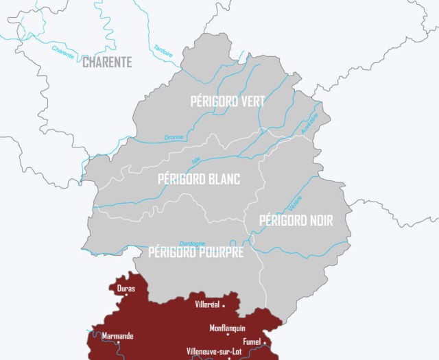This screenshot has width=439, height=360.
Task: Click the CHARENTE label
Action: tap(106, 62)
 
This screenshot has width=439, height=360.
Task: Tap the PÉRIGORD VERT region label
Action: tap(227, 101)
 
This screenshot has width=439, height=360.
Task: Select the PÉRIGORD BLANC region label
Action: tap(199, 179)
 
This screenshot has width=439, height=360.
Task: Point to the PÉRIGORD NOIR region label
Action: tap(296, 221)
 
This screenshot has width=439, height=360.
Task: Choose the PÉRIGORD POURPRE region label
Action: tap(196, 253)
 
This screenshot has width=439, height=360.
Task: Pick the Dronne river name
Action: tap(174, 137)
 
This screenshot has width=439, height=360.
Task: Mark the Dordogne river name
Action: tap(192, 243)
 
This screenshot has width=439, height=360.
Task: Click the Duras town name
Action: tap(126, 289)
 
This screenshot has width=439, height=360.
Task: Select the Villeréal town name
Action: tap(207, 304)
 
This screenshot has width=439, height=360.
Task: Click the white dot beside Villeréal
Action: tap(224, 305)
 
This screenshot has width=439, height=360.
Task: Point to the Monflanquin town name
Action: tap(227, 328)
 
